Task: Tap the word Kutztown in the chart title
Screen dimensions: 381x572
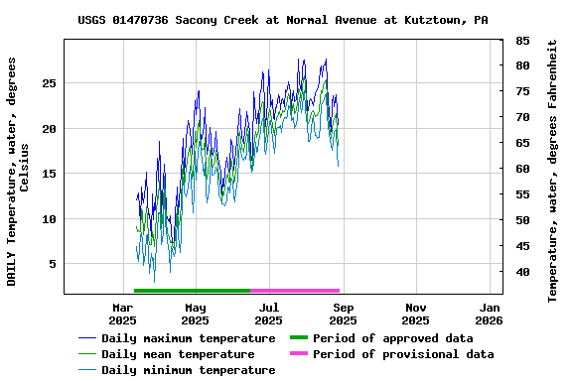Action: click(436, 20)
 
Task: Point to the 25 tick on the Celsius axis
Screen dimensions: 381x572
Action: click(48, 83)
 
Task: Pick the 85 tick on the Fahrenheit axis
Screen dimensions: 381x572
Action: click(521, 41)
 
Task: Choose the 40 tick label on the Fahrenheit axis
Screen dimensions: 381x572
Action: click(521, 272)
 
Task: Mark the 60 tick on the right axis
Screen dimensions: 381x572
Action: click(521, 169)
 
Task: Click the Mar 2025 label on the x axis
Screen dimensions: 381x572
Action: click(122, 314)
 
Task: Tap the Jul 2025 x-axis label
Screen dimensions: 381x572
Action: click(269, 314)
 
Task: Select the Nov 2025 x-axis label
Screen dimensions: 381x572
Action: click(416, 314)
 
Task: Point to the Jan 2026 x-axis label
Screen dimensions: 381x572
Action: click(490, 314)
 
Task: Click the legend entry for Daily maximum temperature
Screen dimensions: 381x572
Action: click(188, 338)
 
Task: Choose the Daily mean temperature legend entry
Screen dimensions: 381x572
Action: click(178, 354)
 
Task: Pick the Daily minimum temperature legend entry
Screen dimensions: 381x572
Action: click(188, 370)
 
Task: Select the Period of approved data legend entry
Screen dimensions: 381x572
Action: click(392, 338)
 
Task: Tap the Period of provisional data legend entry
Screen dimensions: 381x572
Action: click(402, 354)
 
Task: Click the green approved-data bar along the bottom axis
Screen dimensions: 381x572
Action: click(192, 291)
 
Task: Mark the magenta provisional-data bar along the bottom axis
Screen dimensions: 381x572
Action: click(295, 291)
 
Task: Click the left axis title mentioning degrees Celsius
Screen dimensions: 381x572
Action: click(18, 171)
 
